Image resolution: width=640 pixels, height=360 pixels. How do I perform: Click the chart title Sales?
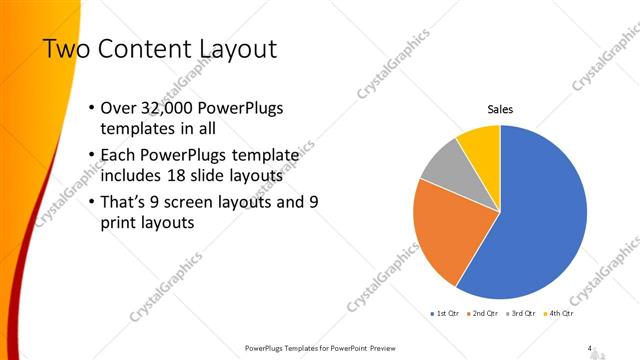pos(500,109)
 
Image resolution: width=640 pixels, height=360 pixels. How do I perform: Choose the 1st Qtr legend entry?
pos(445,313)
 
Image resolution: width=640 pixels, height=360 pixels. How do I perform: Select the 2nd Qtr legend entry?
pos(483,313)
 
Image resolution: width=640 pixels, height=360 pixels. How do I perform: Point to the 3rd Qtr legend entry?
pos(520,313)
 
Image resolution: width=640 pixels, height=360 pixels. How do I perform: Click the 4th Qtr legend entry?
pos(557,313)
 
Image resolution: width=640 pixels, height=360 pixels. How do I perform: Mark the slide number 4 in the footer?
pos(590,348)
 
